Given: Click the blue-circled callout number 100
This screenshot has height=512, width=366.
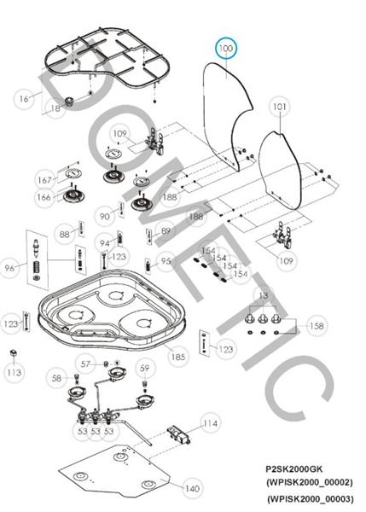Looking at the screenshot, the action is click(x=225, y=49).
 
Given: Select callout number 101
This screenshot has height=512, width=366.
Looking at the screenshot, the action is click(x=280, y=107).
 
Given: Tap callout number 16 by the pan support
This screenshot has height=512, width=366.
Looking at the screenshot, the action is click(x=24, y=99).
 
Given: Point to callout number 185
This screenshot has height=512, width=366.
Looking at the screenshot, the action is click(x=178, y=357).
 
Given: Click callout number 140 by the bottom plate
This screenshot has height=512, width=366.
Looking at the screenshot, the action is click(x=192, y=488).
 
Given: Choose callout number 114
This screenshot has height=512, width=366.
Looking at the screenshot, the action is click(x=210, y=423).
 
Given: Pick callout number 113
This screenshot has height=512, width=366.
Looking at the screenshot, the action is click(x=14, y=372).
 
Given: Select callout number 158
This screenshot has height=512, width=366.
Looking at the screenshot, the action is click(x=317, y=326).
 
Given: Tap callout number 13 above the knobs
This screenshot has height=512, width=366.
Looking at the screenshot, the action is click(x=263, y=295).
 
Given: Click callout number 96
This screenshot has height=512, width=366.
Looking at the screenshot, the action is click(x=9, y=268).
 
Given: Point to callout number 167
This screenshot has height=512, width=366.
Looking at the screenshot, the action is click(x=44, y=180).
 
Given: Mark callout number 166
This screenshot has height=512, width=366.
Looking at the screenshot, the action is click(x=44, y=197).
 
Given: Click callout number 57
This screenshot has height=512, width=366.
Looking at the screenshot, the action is click(x=85, y=364).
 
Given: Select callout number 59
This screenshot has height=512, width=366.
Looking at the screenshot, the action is click(x=144, y=369).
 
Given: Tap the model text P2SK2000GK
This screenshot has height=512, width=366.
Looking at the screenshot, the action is click(x=293, y=469).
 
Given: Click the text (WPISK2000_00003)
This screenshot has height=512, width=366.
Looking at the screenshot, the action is click(x=311, y=499).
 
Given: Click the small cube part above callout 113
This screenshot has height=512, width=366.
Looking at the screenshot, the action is click(x=13, y=353).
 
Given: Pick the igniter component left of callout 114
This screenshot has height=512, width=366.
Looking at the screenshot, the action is click(x=179, y=434).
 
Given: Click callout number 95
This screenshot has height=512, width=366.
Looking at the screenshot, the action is click(x=166, y=261).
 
